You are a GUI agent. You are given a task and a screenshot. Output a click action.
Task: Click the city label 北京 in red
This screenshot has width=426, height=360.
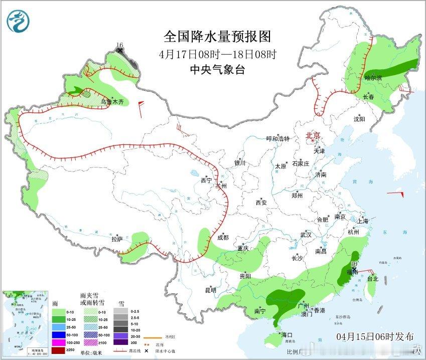tap(313, 135)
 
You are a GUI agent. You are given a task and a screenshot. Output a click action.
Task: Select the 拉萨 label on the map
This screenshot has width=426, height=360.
tap(117, 239)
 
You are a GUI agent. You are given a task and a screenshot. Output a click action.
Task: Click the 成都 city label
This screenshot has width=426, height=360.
tap(223, 238)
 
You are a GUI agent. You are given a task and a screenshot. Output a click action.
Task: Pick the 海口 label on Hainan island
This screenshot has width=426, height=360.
tap(287, 334)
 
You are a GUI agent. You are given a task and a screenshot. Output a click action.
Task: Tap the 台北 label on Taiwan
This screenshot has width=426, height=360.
tap(373, 278)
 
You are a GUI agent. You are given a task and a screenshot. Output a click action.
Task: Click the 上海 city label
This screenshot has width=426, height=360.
tap(362, 221)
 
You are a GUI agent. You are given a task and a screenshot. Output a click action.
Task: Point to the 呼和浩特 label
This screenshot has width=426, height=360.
tap(278, 139)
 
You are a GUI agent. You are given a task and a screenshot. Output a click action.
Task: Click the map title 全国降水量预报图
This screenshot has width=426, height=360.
tap(217, 37)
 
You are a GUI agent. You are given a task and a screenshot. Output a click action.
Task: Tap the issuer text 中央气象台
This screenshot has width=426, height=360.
tap(217, 70)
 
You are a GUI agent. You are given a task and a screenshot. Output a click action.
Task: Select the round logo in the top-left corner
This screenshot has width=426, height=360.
tap(18, 21)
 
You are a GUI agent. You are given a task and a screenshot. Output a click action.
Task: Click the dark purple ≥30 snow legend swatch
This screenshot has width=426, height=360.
tap(120, 342)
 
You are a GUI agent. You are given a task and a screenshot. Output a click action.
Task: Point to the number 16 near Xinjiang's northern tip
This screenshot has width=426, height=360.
tap(119, 45)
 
